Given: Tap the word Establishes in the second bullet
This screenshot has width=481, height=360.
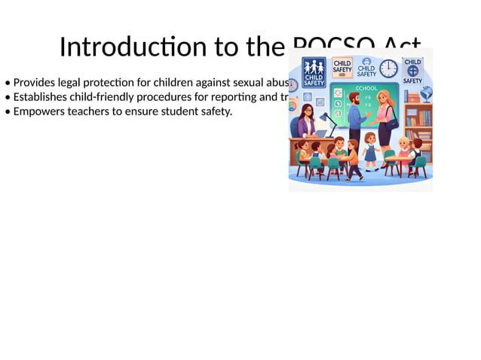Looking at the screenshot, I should coord(40,97).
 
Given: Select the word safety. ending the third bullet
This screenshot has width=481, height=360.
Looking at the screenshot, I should coord(215,112).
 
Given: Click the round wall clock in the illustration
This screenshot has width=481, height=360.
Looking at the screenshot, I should coord(388,69).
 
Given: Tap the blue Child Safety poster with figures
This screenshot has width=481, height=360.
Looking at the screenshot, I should coord(314,72).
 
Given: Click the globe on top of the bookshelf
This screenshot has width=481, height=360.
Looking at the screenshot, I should coord(426,93).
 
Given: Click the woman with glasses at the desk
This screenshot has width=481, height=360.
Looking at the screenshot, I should coord(307,121).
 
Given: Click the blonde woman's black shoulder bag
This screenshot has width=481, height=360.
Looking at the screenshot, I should coord(393,121).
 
